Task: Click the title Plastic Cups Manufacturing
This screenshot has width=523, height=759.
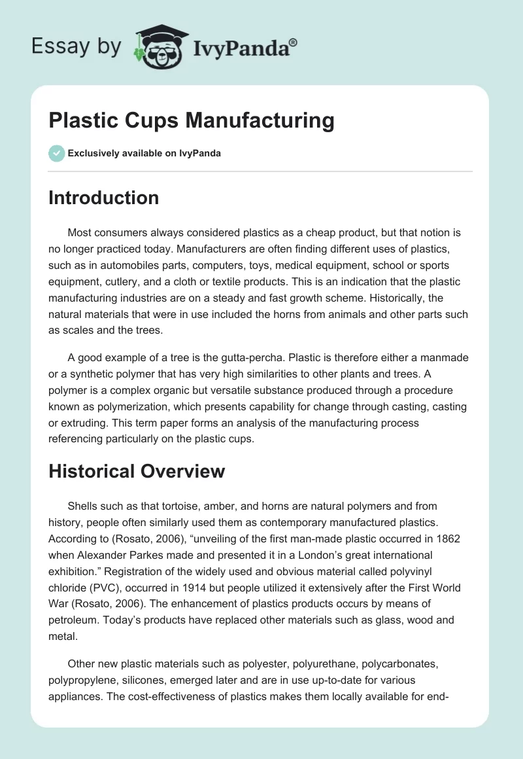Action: click(192, 121)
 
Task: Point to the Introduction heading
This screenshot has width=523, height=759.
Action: click(103, 198)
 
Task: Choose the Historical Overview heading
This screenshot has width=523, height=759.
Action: click(137, 471)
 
